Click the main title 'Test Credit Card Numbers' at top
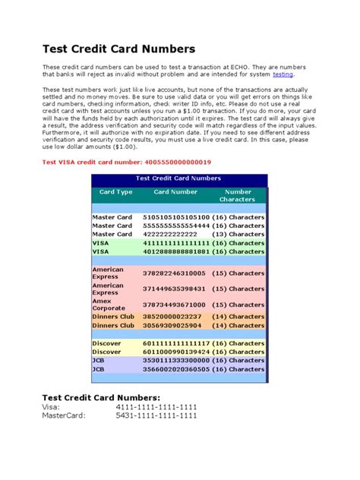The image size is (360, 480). click(x=118, y=49)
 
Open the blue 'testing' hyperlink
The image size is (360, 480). click(x=283, y=74)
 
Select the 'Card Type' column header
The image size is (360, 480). click(x=115, y=192)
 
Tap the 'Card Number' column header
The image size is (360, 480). click(x=175, y=192)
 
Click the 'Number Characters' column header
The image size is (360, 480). click(x=238, y=196)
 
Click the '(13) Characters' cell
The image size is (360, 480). click(x=238, y=234)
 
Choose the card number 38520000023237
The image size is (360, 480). click(x=172, y=316)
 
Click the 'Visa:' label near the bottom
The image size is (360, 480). click(x=50, y=407)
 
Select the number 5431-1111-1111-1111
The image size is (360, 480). click(x=156, y=415)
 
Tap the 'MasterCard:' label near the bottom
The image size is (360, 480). click(x=64, y=415)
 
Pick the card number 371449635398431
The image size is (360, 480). click(x=174, y=289)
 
